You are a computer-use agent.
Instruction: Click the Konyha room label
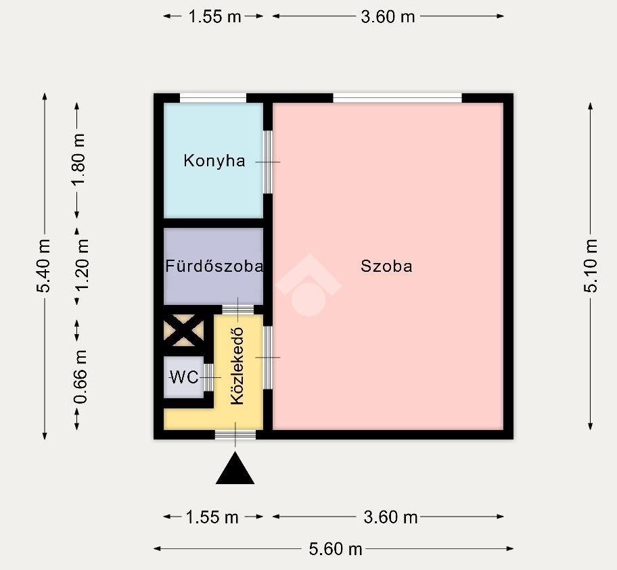tap(214, 161)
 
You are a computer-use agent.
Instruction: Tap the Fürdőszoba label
tap(214, 266)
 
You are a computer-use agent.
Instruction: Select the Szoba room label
tap(386, 266)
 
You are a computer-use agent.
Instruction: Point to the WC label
tap(184, 377)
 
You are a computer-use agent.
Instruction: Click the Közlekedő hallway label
tap(237, 366)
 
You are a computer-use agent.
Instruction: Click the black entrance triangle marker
tap(235, 468)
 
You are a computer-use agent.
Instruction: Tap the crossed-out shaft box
tap(184, 331)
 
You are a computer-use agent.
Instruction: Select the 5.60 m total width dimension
tap(336, 549)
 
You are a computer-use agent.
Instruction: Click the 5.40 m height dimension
tap(44, 266)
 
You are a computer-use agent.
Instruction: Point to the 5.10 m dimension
tap(591, 266)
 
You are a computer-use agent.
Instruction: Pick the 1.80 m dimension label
tap(78, 160)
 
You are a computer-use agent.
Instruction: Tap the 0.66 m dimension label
tap(81, 377)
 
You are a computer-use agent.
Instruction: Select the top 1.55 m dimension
tap(214, 16)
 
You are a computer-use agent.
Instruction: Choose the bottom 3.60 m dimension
tap(390, 517)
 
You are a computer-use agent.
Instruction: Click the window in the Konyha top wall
tap(213, 98)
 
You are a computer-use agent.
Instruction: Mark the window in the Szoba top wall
tap(397, 98)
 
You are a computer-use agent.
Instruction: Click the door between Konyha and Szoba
tap(268, 162)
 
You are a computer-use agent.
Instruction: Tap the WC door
tap(209, 378)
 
